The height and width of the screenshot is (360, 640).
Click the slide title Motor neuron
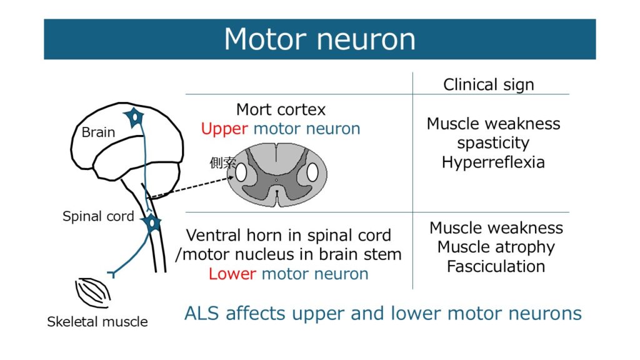pyautogui.click(x=319, y=39)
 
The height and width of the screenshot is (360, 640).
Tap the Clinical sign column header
pyautogui.click(x=489, y=84)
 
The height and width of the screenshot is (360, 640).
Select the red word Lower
pyautogui.click(x=232, y=274)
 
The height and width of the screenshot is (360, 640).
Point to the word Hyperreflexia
pyautogui.click(x=493, y=162)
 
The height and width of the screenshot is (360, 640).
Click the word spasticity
pyautogui.click(x=493, y=143)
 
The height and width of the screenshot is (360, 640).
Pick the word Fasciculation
pyautogui.click(x=496, y=266)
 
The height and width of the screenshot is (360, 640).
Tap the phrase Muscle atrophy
pyautogui.click(x=496, y=247)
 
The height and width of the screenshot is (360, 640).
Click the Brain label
pyautogui.click(x=99, y=132)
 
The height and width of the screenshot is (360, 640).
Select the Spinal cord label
pyautogui.click(x=98, y=217)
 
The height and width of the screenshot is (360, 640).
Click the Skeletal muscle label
pyautogui.click(x=97, y=322)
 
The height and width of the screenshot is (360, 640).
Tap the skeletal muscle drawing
pyautogui.click(x=92, y=292)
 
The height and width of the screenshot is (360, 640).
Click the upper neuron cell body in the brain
pyautogui.click(x=133, y=117)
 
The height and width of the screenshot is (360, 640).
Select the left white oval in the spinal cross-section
pyautogui.click(x=241, y=172)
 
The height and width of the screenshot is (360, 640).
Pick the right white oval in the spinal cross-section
pyautogui.click(x=312, y=172)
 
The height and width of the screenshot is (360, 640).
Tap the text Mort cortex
pyautogui.click(x=281, y=110)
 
